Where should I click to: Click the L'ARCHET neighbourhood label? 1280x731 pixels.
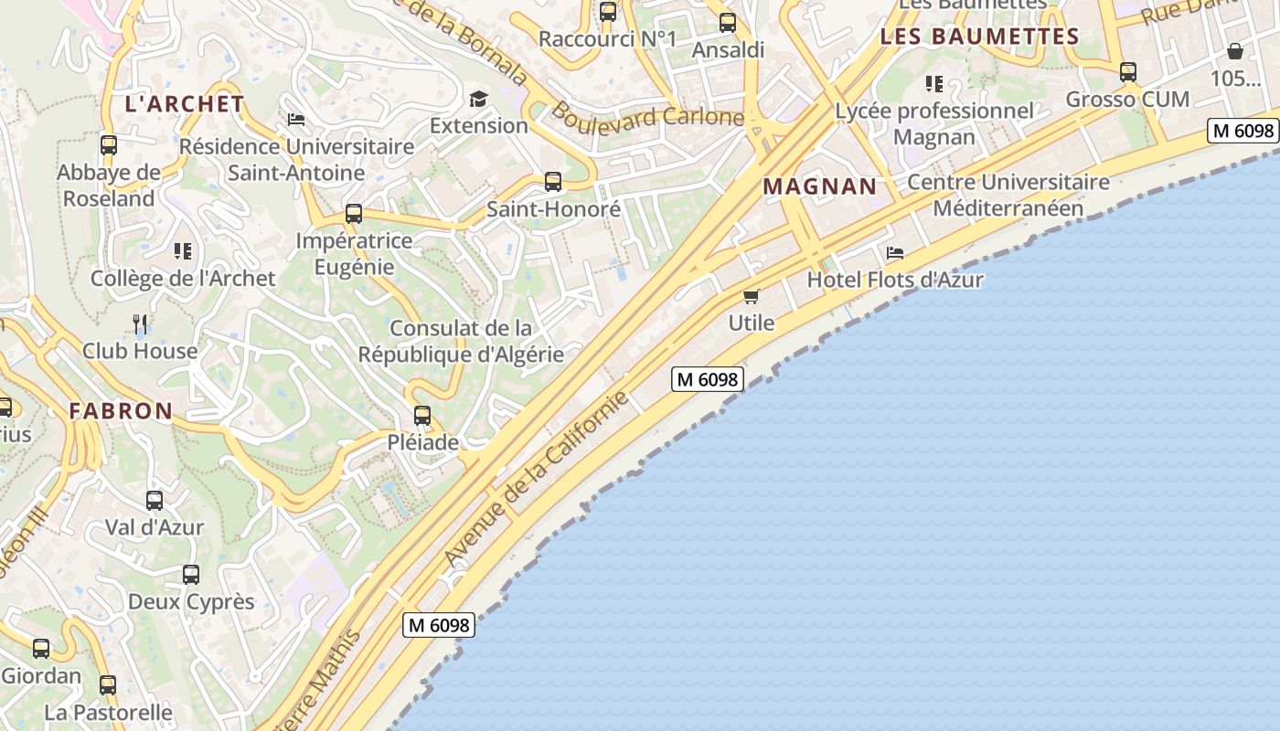[x=185, y=104]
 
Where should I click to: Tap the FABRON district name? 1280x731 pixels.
[x=121, y=411]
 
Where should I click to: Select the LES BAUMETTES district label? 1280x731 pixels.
[x=979, y=37]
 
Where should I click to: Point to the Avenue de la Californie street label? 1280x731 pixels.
[x=537, y=478]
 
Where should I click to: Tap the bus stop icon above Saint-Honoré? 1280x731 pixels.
[x=553, y=181]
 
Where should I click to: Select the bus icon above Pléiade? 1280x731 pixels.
[x=421, y=416]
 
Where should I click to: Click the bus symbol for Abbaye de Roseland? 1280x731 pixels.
[x=109, y=144]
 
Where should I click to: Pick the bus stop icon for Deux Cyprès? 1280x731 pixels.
[x=190, y=575]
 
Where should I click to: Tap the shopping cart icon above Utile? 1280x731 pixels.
[x=752, y=296]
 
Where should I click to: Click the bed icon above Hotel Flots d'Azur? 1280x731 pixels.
[x=895, y=253]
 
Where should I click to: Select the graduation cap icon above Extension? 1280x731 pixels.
[x=478, y=99]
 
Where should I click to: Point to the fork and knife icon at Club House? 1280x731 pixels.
[x=140, y=323]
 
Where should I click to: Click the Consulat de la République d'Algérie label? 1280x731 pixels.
[x=461, y=341]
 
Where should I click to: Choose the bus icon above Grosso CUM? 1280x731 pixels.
[x=1128, y=72]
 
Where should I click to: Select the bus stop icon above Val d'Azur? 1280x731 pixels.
[x=155, y=501]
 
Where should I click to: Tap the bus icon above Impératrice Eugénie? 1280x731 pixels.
[x=354, y=214]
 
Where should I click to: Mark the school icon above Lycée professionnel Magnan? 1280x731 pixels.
[x=933, y=85]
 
